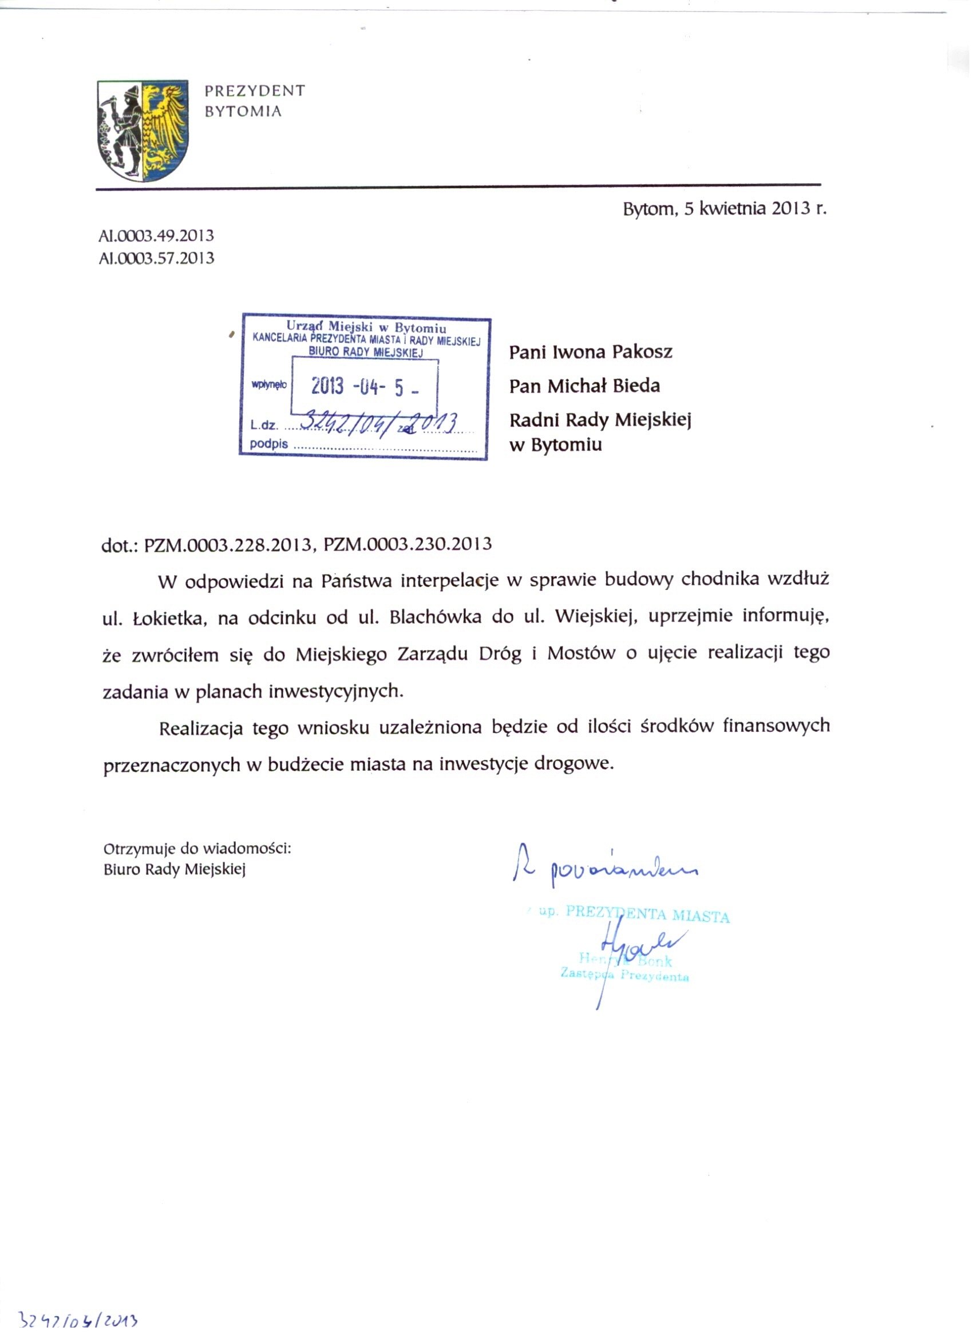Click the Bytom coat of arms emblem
coord(143,130)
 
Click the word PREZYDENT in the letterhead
coord(255,91)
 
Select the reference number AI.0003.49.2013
coord(156,236)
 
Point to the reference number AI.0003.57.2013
coord(156,259)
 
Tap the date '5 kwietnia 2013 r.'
coord(755,209)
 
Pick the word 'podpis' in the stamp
coord(268,444)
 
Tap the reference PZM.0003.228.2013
coord(228,544)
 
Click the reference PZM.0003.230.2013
coord(408,544)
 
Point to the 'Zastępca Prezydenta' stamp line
coord(624,974)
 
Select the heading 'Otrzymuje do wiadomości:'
coord(197,849)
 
